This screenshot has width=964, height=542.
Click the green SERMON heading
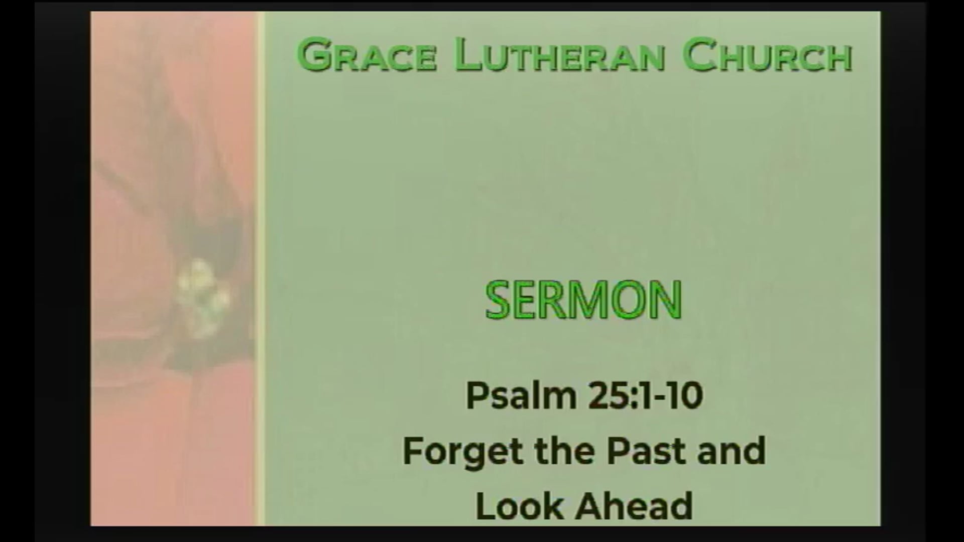(584, 300)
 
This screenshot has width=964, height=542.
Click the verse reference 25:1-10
(645, 396)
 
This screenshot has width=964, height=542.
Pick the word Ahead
(634, 506)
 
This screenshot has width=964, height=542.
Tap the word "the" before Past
(566, 451)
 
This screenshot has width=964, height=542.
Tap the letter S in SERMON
(499, 300)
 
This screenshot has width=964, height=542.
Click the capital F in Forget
(415, 451)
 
